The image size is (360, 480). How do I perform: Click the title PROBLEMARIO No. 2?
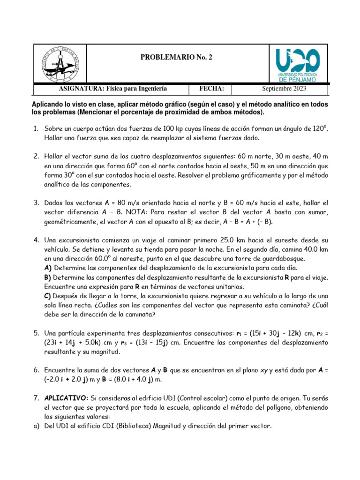pyautogui.click(x=176, y=57)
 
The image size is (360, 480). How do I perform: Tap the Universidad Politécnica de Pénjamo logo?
pyautogui.click(x=298, y=65)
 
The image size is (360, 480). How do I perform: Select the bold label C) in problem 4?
pyautogui.click(x=48, y=296)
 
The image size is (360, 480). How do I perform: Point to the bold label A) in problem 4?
pyautogui.click(x=48, y=268)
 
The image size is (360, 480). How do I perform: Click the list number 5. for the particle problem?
pyautogui.click(x=36, y=333)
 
